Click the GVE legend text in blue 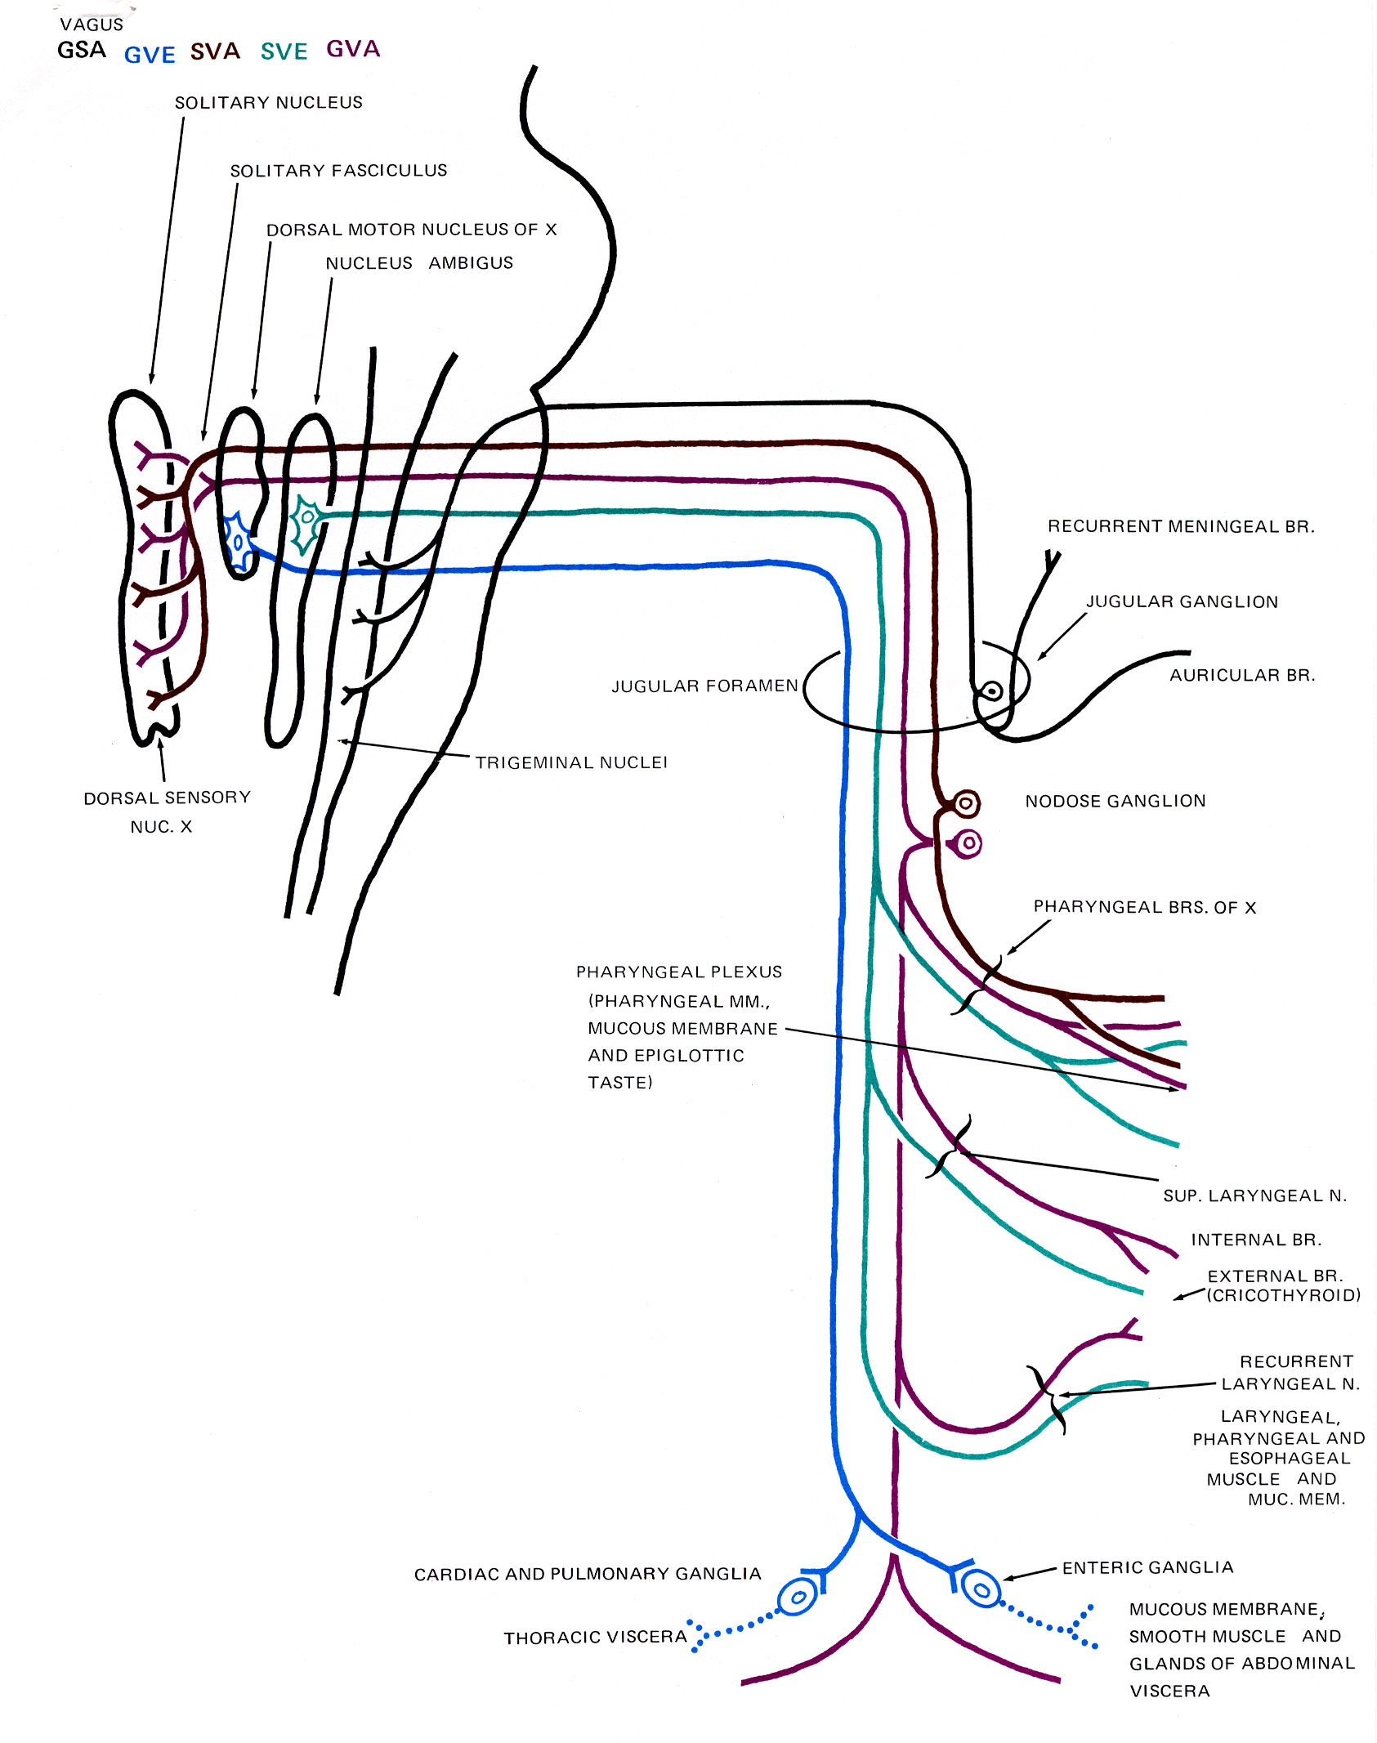[x=150, y=55]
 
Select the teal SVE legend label [x=284, y=51]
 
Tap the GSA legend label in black [x=82, y=51]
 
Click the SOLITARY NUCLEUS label [x=268, y=102]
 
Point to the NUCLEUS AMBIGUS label [x=419, y=263]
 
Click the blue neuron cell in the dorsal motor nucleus [x=238, y=541]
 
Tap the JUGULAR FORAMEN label [x=704, y=686]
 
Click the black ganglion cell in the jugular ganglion [x=992, y=691]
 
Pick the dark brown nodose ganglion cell [x=966, y=803]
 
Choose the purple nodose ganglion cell [x=968, y=842]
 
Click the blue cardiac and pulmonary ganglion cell [x=797, y=1597]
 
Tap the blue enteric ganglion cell [x=981, y=1589]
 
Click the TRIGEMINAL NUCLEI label [x=571, y=762]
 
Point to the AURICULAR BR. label [x=1241, y=675]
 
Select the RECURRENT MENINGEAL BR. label [x=1181, y=526]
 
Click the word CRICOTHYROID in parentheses [x=1284, y=1295]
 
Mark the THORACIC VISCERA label [x=595, y=1638]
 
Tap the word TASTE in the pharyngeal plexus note [x=619, y=1083]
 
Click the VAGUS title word [x=92, y=25]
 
